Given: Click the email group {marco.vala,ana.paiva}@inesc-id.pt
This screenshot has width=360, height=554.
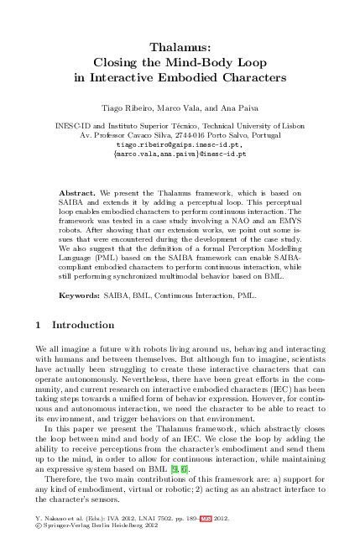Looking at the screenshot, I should (x=180, y=154).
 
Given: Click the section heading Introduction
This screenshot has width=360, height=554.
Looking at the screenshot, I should (x=83, y=301).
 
